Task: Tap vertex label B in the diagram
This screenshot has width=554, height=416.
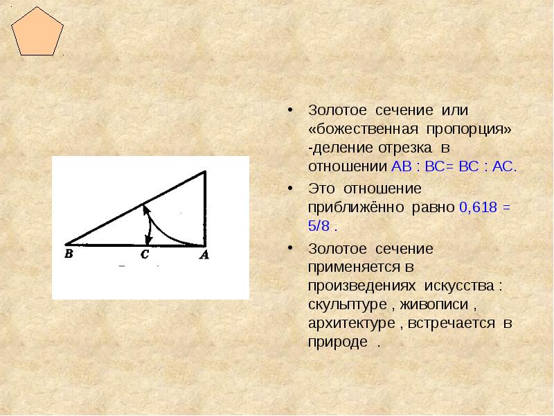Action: pyautogui.click(x=69, y=254)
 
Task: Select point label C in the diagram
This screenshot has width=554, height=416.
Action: pyautogui.click(x=145, y=254)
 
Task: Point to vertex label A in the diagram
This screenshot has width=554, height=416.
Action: pyautogui.click(x=204, y=254)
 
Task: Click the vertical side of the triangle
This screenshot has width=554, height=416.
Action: pyautogui.click(x=205, y=208)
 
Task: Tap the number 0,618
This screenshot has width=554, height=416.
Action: pyautogui.click(x=479, y=207)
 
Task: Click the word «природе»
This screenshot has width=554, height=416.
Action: pyautogui.click(x=338, y=343)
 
